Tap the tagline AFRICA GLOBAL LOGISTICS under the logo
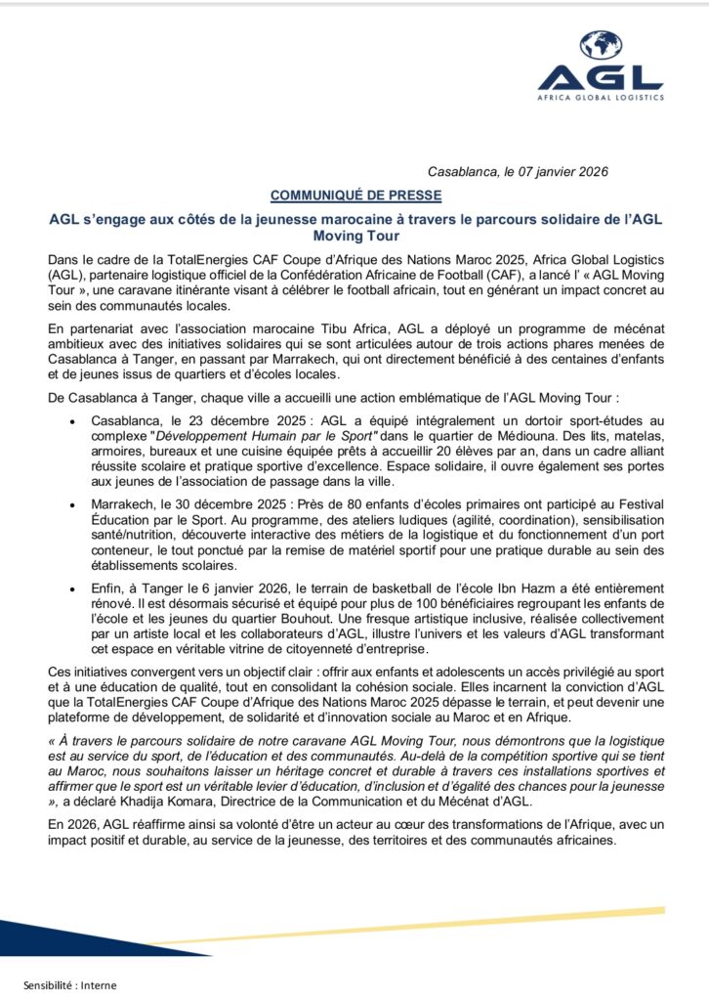[x=601, y=97]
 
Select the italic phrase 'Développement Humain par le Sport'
[x=271, y=434]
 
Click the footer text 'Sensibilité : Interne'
[x=70, y=984]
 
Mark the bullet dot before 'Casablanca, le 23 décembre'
[x=76, y=418]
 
